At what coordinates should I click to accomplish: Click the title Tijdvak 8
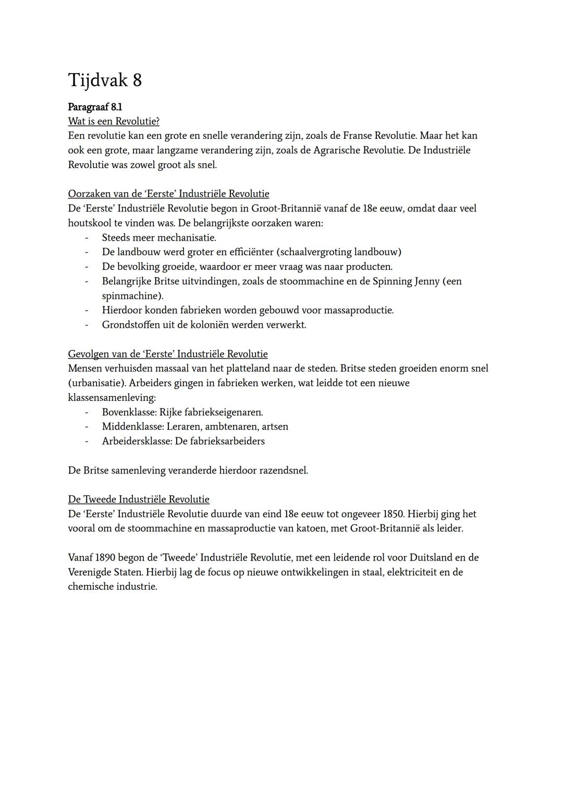(105, 80)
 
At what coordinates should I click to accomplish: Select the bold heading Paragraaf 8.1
(95, 107)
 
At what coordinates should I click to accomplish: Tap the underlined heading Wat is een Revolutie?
(114, 121)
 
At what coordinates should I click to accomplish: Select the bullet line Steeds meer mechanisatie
(159, 237)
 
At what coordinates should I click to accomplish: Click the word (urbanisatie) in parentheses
(96, 383)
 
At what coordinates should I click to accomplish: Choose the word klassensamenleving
(112, 397)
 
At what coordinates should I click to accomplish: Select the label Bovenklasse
(129, 412)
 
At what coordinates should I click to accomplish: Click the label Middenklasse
(131, 426)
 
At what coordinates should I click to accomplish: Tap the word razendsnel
(284, 470)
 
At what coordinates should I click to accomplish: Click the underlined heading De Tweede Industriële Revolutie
(139, 499)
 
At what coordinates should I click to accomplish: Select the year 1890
(106, 557)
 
